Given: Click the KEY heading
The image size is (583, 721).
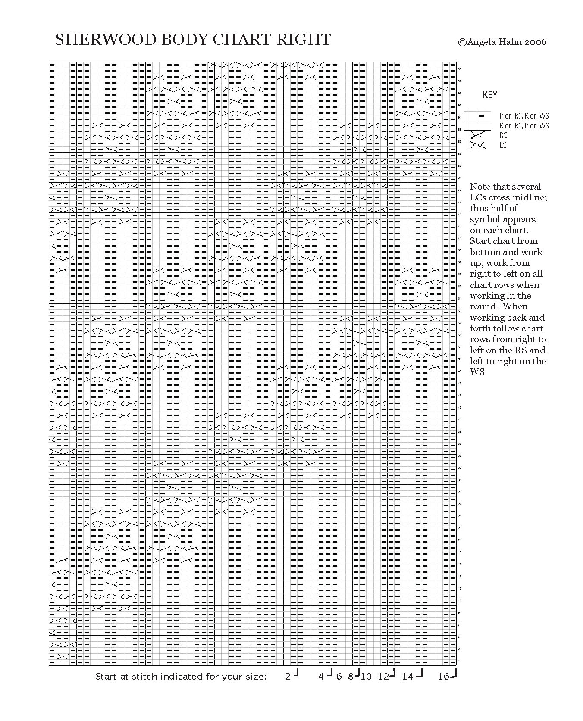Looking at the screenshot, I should coord(490,95).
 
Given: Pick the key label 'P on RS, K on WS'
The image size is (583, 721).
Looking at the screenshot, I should coord(524,116).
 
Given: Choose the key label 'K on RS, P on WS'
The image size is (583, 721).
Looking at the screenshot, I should coord(524,126).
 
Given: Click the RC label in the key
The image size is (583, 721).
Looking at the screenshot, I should coord(503,135).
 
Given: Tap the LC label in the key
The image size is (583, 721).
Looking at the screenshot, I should coord(503,145).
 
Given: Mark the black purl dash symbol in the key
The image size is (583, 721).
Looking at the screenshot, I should coord(482,116).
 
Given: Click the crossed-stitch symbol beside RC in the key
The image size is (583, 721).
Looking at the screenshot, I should coord(477,135).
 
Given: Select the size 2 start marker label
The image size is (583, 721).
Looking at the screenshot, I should coord(288,677).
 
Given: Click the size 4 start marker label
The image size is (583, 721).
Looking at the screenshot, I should coord(321,677).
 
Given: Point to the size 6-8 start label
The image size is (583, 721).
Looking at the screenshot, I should coord(345,677).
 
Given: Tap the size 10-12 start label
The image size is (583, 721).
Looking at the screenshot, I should coord(374,677).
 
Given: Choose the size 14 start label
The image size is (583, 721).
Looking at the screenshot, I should coord(408,677).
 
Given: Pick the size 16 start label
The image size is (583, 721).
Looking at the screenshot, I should coord(444,677).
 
